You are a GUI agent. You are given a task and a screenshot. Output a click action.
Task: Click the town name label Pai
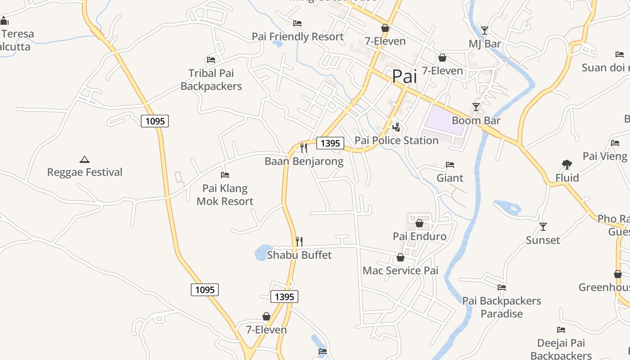[404, 76]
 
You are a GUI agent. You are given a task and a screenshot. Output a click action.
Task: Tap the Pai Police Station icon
[396, 127]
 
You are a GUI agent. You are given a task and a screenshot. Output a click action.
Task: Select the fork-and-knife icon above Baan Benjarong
[304, 148]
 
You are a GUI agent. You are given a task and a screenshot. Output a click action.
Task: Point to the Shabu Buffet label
[299, 255]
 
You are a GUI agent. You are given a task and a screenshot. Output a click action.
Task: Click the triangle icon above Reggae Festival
[85, 159]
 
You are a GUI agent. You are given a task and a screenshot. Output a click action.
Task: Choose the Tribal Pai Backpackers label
[211, 80]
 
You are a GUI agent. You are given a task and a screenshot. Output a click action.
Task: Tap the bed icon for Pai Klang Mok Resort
[225, 175]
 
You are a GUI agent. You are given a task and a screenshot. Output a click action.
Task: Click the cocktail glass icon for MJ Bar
[484, 31]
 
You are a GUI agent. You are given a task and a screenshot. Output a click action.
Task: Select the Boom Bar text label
[476, 121]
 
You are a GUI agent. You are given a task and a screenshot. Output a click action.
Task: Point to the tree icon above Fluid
[567, 165]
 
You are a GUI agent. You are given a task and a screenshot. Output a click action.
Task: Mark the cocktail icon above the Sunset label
[543, 227]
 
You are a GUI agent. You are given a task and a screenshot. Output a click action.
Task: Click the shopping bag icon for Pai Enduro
[419, 223]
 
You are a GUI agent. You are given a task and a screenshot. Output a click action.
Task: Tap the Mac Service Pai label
[400, 270]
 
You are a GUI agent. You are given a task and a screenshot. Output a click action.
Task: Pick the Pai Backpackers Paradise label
[502, 307]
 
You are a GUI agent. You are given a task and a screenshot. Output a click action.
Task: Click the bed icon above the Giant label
[450, 165]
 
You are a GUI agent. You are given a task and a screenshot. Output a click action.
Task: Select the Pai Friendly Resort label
[297, 36]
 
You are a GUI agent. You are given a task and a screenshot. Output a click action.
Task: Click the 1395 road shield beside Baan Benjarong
[330, 144]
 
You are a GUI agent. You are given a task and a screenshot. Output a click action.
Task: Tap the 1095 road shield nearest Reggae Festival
[155, 121]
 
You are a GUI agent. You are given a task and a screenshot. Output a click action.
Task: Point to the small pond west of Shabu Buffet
[262, 252]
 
